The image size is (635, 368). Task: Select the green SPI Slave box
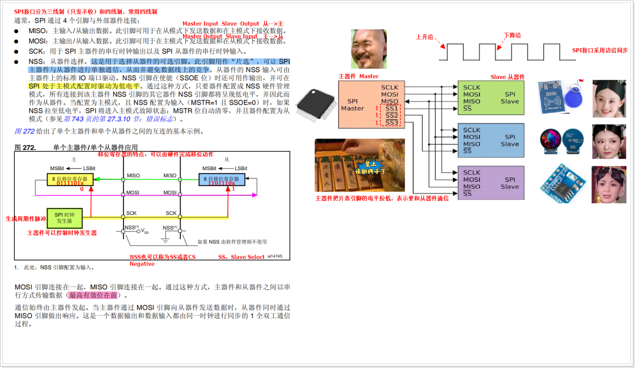click(491, 97)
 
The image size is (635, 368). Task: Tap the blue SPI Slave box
click(491, 140)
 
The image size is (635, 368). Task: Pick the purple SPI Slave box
click(491, 183)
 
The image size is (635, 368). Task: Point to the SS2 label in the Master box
click(392, 115)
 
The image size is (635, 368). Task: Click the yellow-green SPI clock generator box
click(65, 218)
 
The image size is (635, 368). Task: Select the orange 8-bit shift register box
click(69, 179)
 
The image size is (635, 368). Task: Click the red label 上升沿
click(424, 37)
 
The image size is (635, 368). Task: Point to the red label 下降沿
click(512, 35)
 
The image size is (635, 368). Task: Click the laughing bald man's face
click(368, 49)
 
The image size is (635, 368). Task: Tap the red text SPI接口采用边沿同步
click(600, 50)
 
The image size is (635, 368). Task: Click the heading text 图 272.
click(25, 148)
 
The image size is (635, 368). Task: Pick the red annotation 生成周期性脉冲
click(26, 219)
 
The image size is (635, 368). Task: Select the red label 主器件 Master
click(358, 76)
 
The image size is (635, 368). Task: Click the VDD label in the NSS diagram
click(146, 232)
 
